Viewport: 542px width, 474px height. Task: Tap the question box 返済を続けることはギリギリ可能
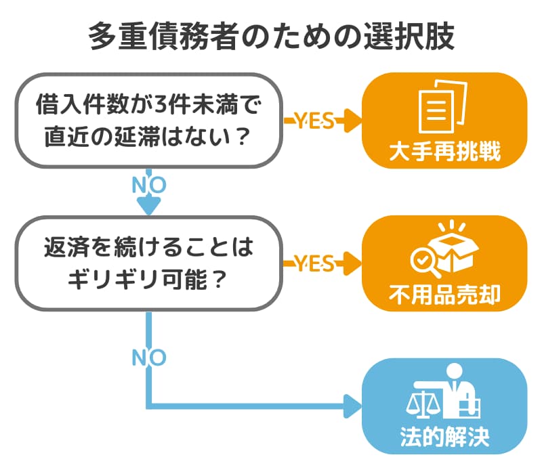click(x=148, y=263)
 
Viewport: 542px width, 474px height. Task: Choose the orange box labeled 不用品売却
click(x=444, y=263)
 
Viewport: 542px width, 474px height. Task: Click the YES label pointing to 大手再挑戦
click(x=314, y=121)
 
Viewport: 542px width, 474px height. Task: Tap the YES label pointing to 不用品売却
click(x=314, y=263)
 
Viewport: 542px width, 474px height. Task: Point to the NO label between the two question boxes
click(x=148, y=184)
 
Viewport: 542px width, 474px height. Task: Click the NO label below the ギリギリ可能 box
click(x=148, y=358)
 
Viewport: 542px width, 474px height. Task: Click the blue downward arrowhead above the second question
click(x=148, y=204)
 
